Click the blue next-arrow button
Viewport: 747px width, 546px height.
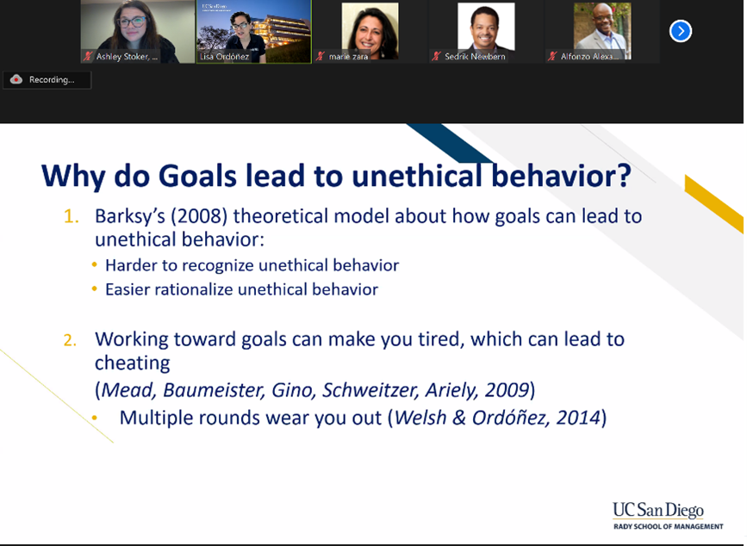pyautogui.click(x=681, y=31)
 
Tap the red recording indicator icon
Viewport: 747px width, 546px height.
pyautogui.click(x=16, y=79)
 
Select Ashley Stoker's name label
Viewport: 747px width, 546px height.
pyautogui.click(x=127, y=57)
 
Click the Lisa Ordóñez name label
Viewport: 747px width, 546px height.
pyautogui.click(x=224, y=57)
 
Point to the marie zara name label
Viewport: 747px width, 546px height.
pyautogui.click(x=348, y=57)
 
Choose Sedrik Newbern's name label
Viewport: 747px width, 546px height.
pyautogui.click(x=475, y=57)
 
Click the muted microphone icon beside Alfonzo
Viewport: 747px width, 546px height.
pyautogui.click(x=552, y=57)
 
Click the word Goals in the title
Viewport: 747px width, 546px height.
pyautogui.click(x=197, y=176)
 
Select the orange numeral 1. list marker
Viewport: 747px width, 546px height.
pyautogui.click(x=71, y=216)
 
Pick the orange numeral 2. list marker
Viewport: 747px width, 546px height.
pyautogui.click(x=70, y=340)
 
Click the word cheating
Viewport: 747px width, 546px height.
pyautogui.click(x=133, y=363)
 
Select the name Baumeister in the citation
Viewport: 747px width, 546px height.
pyautogui.click(x=214, y=390)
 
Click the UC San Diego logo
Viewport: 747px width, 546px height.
pyautogui.click(x=668, y=516)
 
